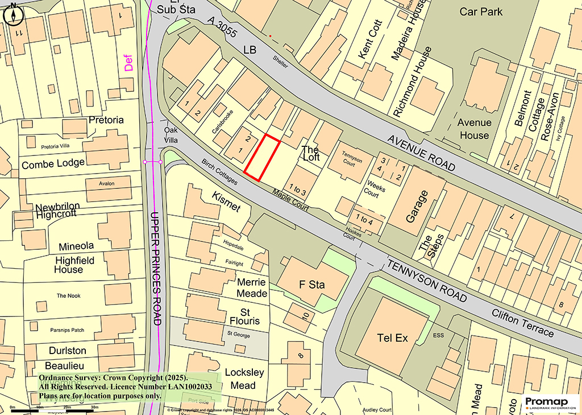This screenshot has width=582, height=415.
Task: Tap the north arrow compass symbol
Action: click(x=13, y=14)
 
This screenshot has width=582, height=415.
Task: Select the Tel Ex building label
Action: click(x=393, y=338)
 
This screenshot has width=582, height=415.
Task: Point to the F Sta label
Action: click(x=312, y=285)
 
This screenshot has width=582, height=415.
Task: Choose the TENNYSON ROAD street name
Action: click(x=427, y=282)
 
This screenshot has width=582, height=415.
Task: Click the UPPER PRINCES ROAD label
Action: click(x=156, y=268)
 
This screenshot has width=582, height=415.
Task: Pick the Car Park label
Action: click(x=481, y=11)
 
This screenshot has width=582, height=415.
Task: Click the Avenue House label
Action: click(x=473, y=129)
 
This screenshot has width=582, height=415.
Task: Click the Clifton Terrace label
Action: click(x=523, y=323)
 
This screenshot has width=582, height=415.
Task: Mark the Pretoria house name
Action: click(x=106, y=120)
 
